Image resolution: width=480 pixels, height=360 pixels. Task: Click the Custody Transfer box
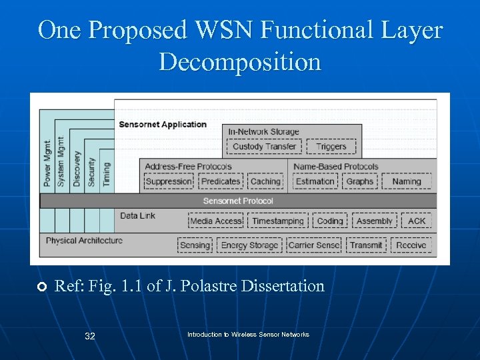click(x=264, y=147)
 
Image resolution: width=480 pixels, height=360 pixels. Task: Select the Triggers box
click(x=331, y=147)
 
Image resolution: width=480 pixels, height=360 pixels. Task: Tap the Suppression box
click(x=169, y=181)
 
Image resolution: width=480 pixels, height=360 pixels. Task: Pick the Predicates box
click(x=221, y=181)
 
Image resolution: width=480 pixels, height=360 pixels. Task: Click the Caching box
click(x=265, y=181)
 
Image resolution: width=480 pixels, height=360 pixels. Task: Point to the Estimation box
click(x=315, y=181)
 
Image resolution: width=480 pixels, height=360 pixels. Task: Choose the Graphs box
click(x=360, y=181)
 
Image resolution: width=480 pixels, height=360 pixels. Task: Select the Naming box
click(x=407, y=181)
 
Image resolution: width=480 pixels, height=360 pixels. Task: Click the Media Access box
click(x=216, y=221)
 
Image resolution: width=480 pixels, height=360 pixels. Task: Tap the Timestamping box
click(x=278, y=221)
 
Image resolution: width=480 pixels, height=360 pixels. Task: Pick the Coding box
click(x=330, y=221)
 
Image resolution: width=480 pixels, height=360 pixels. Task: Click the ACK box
click(x=417, y=221)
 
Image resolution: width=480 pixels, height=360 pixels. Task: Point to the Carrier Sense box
click(x=314, y=245)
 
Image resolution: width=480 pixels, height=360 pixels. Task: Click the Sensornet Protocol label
click(x=238, y=201)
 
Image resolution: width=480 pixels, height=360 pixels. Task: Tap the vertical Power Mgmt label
click(x=48, y=163)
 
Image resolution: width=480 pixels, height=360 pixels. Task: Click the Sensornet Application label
click(x=163, y=125)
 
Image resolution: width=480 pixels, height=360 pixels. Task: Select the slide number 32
click(x=90, y=336)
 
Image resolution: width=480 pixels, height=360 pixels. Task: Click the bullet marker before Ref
click(x=41, y=287)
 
